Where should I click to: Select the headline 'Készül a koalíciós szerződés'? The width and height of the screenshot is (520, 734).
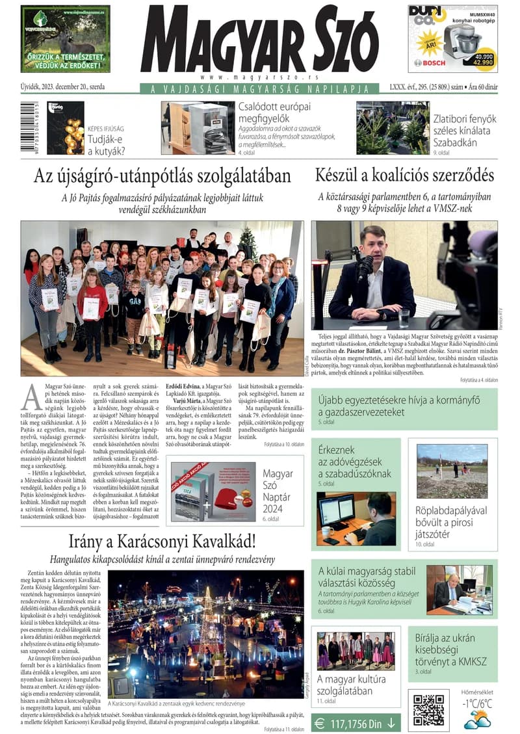[x=404, y=176]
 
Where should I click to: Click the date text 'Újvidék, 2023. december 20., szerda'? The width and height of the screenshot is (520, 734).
[x=62, y=86]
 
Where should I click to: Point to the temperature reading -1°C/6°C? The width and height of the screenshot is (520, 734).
[x=477, y=703]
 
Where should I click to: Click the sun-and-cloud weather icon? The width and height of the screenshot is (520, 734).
[x=476, y=719]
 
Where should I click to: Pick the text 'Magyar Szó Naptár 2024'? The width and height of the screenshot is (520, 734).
[x=278, y=491]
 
